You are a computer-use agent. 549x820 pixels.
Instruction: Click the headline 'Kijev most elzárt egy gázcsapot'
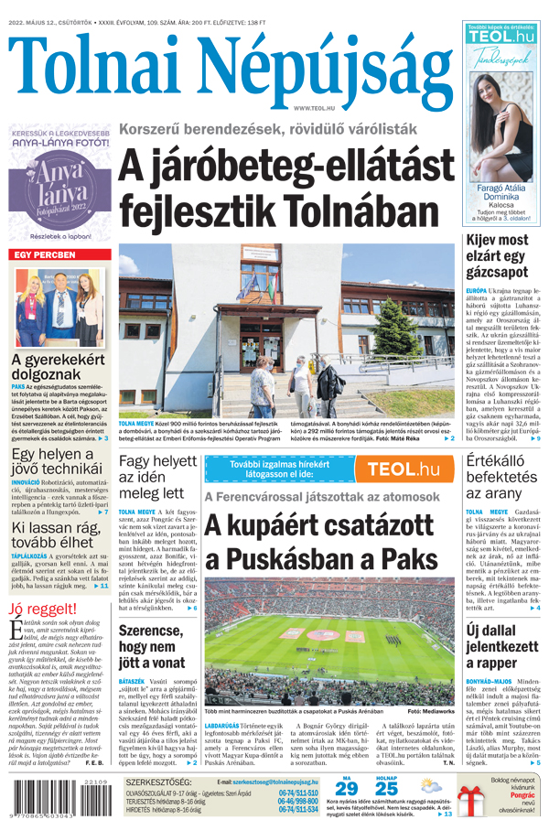coord(497,255)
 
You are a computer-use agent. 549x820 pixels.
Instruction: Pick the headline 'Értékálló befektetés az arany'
coord(501,477)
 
